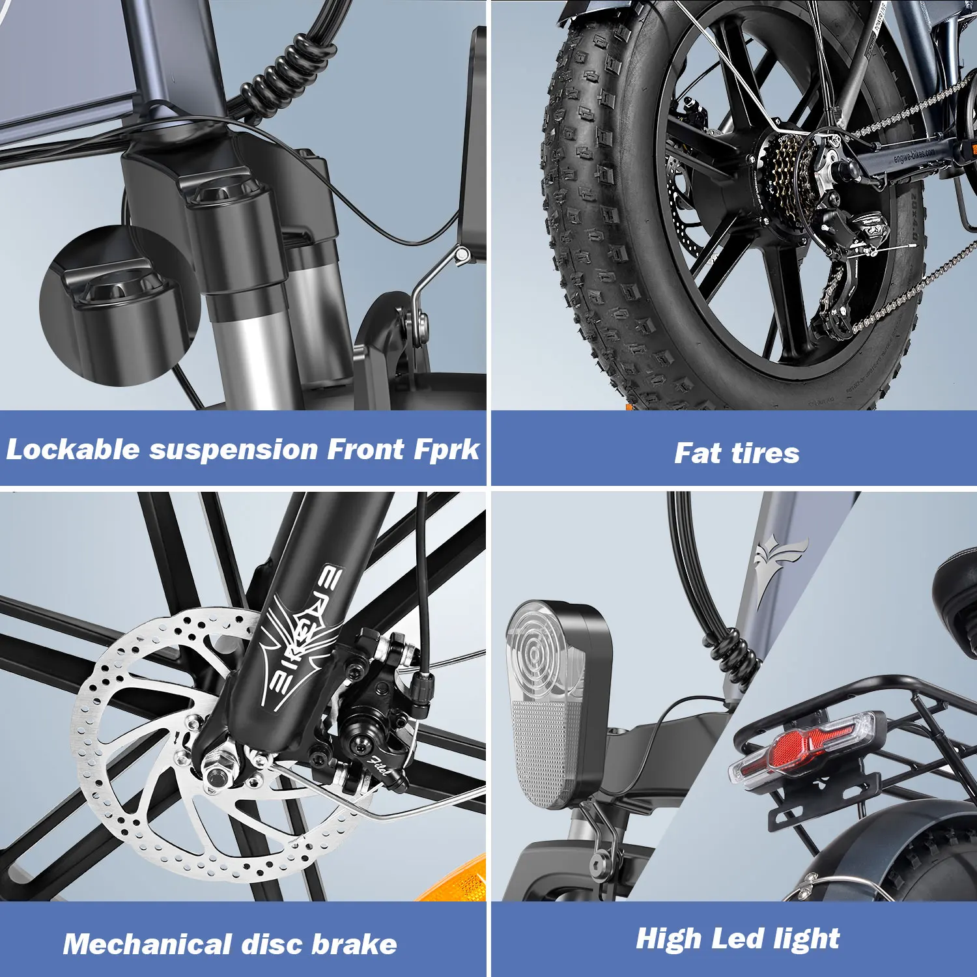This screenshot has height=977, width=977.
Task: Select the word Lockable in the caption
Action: click(73, 449)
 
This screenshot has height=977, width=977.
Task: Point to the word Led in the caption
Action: click(737, 939)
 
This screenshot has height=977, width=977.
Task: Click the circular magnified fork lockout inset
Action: click(117, 306)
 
